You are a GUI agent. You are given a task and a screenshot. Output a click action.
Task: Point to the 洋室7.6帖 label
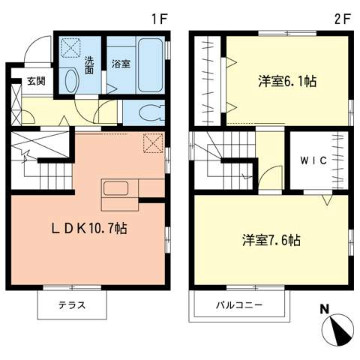(x=271, y=241)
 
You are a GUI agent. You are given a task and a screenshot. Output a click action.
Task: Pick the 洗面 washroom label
(x=88, y=64)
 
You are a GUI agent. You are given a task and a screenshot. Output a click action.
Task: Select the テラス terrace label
(x=72, y=305)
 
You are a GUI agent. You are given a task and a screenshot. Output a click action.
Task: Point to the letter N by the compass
(x=325, y=307)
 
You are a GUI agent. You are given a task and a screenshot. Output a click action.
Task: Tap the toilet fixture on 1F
(x=145, y=112)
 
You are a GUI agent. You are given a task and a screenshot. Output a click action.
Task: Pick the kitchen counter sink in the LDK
(x=115, y=187)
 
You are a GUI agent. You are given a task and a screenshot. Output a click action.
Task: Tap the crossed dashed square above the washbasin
(x=71, y=47)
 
